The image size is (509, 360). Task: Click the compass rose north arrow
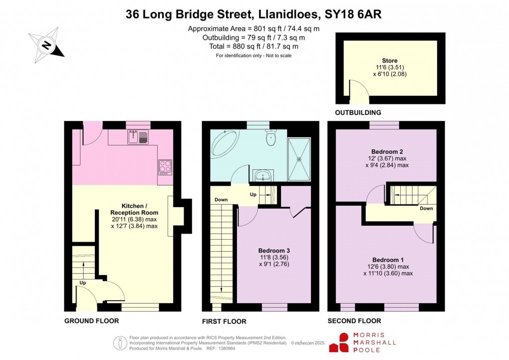[x=46, y=45]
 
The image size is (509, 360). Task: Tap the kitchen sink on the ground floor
[x=136, y=136]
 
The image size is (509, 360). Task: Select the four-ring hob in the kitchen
[x=165, y=166]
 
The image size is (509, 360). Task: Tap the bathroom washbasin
[x=263, y=175]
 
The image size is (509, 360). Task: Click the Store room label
[x=390, y=60]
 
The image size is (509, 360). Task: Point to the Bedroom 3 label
[x=274, y=251]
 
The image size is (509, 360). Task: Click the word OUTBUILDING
[x=358, y=113]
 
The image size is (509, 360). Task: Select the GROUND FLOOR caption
[x=91, y=321]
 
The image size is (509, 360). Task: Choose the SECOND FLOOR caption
[x=354, y=321]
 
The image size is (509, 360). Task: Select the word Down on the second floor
[x=426, y=209]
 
